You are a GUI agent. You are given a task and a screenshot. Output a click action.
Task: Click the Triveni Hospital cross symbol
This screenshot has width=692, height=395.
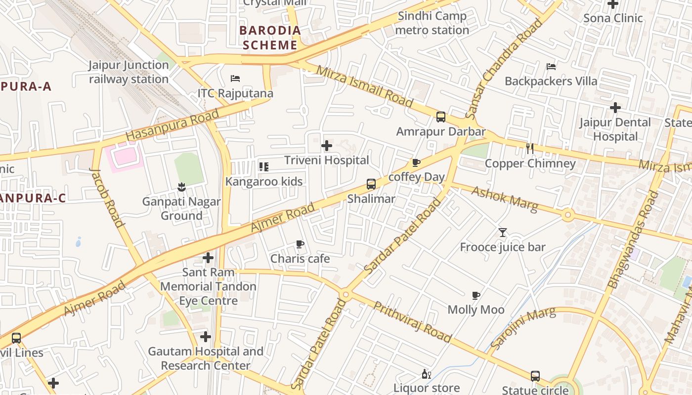pyautogui.click(x=326, y=146)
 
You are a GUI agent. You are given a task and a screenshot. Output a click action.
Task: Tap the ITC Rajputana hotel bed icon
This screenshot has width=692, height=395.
pyautogui.click(x=235, y=79)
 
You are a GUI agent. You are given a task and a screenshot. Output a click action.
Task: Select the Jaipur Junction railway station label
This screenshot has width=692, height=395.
pyautogui.click(x=129, y=72)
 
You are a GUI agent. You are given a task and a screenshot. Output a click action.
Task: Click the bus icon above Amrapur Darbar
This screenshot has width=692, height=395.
pyautogui.click(x=440, y=117)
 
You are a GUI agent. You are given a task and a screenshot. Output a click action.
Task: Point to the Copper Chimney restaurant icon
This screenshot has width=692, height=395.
pyautogui.click(x=530, y=148)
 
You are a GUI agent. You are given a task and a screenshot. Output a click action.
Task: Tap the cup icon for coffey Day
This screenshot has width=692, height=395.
pyautogui.click(x=416, y=162)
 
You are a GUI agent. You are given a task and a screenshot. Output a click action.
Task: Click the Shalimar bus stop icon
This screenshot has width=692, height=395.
pyautogui.click(x=371, y=184)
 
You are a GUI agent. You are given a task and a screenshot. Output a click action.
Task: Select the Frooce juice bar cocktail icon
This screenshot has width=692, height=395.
pyautogui.click(x=503, y=232)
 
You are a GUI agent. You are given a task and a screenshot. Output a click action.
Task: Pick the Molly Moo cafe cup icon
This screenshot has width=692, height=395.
pyautogui.click(x=476, y=295)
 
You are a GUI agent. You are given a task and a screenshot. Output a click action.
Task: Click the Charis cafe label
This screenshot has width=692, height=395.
pyautogui.click(x=300, y=259)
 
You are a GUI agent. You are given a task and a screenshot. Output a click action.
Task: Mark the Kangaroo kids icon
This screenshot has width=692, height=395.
pyautogui.click(x=264, y=167)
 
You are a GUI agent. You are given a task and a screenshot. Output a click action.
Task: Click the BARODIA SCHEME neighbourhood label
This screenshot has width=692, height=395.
pyautogui.click(x=270, y=38)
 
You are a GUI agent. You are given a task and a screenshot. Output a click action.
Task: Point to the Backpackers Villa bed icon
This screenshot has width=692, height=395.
pyautogui.click(x=551, y=66)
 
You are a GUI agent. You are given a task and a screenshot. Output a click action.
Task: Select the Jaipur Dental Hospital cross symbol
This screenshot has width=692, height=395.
pyautogui.click(x=615, y=107)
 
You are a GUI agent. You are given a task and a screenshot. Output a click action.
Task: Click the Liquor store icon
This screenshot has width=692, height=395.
pyautogui.click(x=427, y=374)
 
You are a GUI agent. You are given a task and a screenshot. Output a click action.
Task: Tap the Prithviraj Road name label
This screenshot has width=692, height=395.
pyautogui.click(x=412, y=321)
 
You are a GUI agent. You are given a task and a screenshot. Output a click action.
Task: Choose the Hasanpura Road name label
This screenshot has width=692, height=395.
pyautogui.click(x=172, y=125)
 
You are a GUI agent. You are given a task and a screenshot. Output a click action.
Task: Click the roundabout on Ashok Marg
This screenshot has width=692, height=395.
pyautogui.click(x=567, y=215)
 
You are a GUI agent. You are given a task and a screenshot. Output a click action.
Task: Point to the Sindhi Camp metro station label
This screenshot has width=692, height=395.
pyautogui.click(x=432, y=23)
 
